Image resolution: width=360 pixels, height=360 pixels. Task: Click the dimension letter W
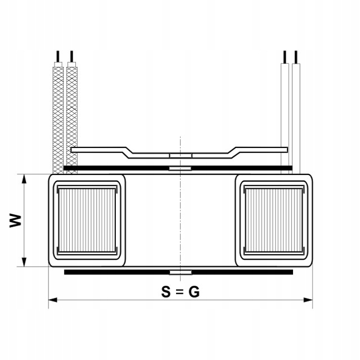coord(17,220)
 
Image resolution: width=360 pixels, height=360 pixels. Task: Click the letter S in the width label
coord(166,292)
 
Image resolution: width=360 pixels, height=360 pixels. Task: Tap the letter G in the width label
coord(194,292)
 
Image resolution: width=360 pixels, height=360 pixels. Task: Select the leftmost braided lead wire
coord(57,118)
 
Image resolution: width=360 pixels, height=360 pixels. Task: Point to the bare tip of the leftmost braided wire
coord(57,56)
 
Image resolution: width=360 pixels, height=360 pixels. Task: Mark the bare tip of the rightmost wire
coord(296,56)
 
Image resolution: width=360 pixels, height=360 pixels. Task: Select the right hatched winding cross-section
coord(274,220)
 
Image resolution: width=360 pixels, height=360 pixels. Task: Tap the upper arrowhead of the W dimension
coord(24,179)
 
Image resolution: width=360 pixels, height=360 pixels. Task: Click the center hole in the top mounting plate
coord(180,154)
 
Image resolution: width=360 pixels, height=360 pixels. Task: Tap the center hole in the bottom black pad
coord(180,272)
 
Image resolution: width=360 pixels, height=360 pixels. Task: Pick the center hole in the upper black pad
coord(180,168)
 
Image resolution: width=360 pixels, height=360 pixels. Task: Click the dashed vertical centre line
coord(180,219)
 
